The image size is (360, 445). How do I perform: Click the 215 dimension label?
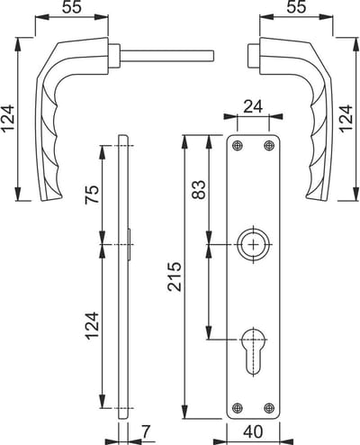[175, 277]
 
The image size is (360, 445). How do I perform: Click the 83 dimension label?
[200, 189]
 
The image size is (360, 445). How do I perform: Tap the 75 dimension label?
[93, 195]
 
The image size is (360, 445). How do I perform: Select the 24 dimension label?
[253, 106]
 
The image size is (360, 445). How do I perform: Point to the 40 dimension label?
[253, 431]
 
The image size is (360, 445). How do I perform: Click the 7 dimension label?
[145, 431]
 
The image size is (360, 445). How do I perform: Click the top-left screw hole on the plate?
[238, 146]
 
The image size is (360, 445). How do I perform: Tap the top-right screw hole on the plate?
[269, 146]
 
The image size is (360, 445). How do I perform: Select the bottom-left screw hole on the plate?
[238, 408]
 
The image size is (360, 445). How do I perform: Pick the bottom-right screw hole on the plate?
[269, 408]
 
